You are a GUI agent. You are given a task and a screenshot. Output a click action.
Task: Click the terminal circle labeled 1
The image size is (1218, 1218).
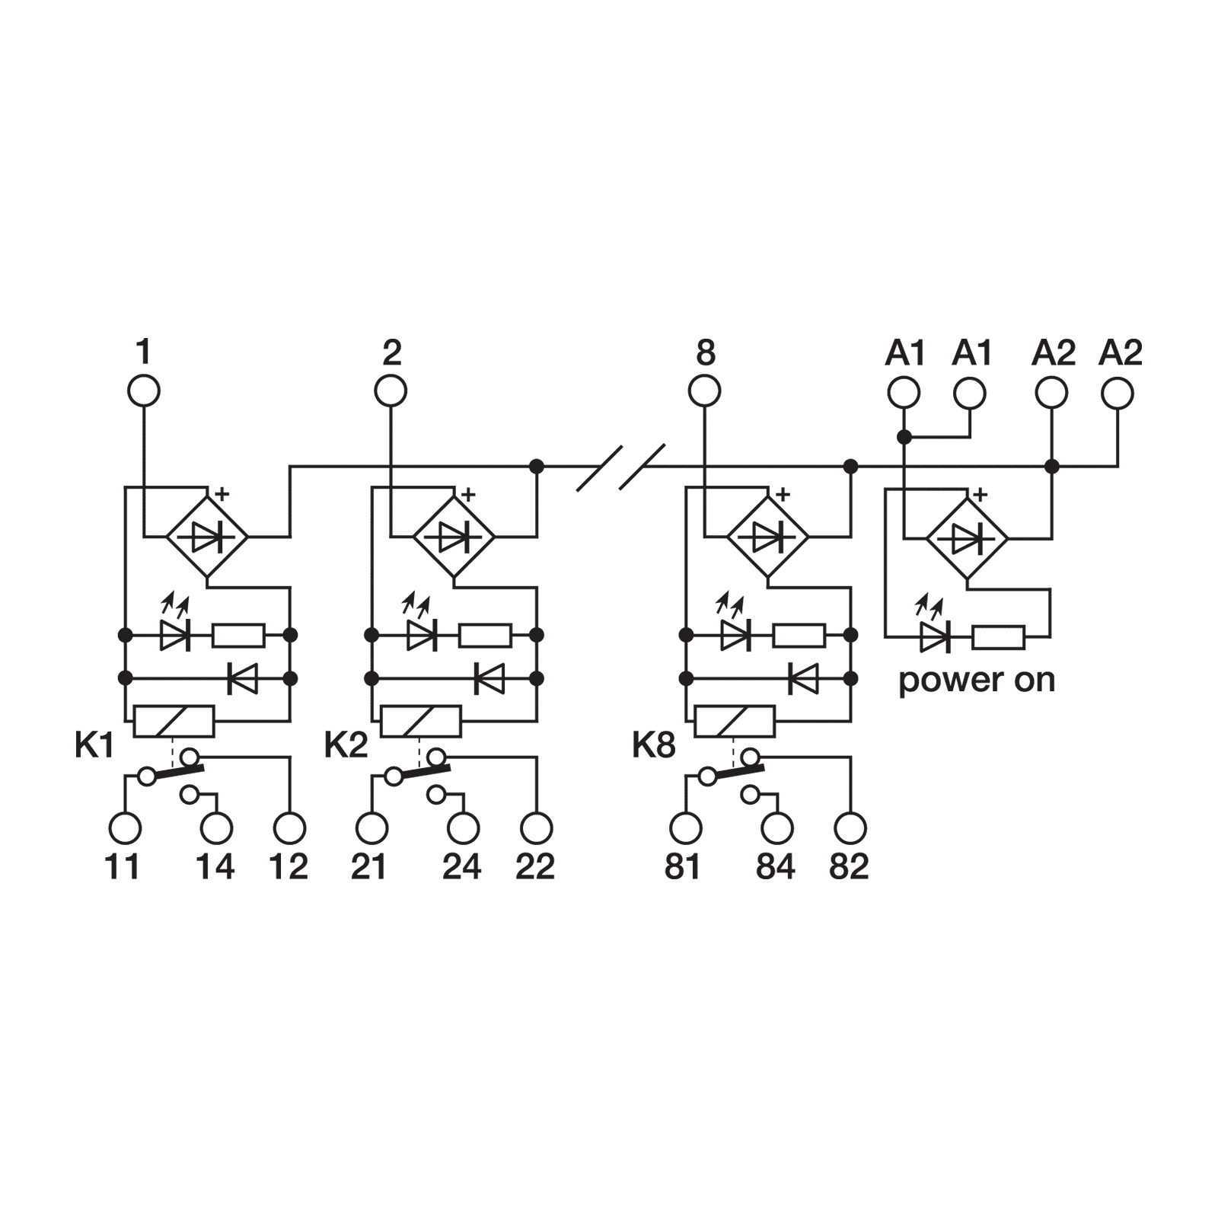(x=143, y=392)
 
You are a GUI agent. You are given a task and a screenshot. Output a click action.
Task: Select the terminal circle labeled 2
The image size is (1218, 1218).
(x=391, y=392)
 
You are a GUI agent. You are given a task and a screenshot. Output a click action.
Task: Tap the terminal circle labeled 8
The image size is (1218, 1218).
(x=704, y=392)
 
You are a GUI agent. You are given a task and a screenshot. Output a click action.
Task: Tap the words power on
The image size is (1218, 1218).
(x=977, y=680)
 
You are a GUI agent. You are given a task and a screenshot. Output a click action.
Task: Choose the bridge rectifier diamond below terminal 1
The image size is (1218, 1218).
(x=207, y=538)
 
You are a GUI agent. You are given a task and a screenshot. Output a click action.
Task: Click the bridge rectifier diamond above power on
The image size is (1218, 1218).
(x=967, y=538)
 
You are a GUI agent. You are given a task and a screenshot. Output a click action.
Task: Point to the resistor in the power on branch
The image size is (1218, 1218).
(x=999, y=637)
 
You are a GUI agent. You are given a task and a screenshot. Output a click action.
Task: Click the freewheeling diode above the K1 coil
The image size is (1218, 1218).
(x=243, y=678)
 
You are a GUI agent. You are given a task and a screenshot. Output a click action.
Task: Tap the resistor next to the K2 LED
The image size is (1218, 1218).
(x=485, y=635)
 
